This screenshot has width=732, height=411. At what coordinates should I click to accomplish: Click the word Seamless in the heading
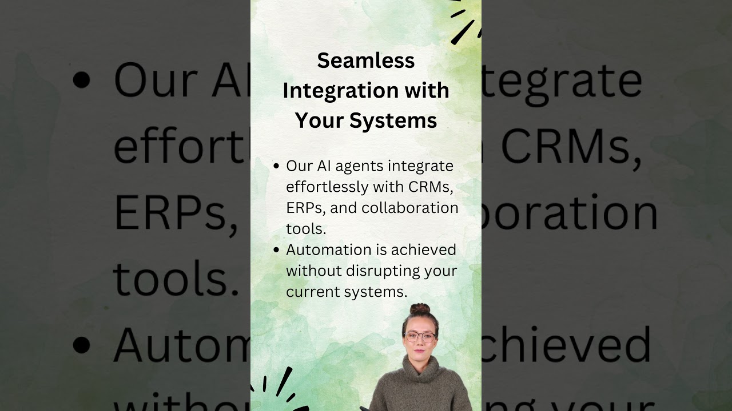(365, 61)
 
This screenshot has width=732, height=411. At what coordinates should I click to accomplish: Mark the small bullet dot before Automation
(276, 250)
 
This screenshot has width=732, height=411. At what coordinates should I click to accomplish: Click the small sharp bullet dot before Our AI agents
(276, 166)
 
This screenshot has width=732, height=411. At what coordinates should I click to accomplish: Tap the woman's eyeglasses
(420, 336)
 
